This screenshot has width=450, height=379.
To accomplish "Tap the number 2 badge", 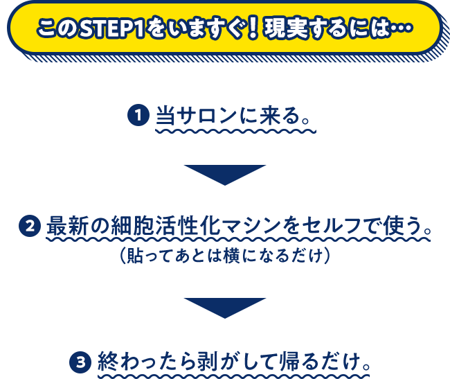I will pos(30,226).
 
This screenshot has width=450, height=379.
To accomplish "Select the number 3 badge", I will pos(81,361).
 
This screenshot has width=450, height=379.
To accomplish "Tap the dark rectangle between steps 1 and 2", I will pos(224,175).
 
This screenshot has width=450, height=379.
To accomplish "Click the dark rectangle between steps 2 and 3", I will pos(224,307).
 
